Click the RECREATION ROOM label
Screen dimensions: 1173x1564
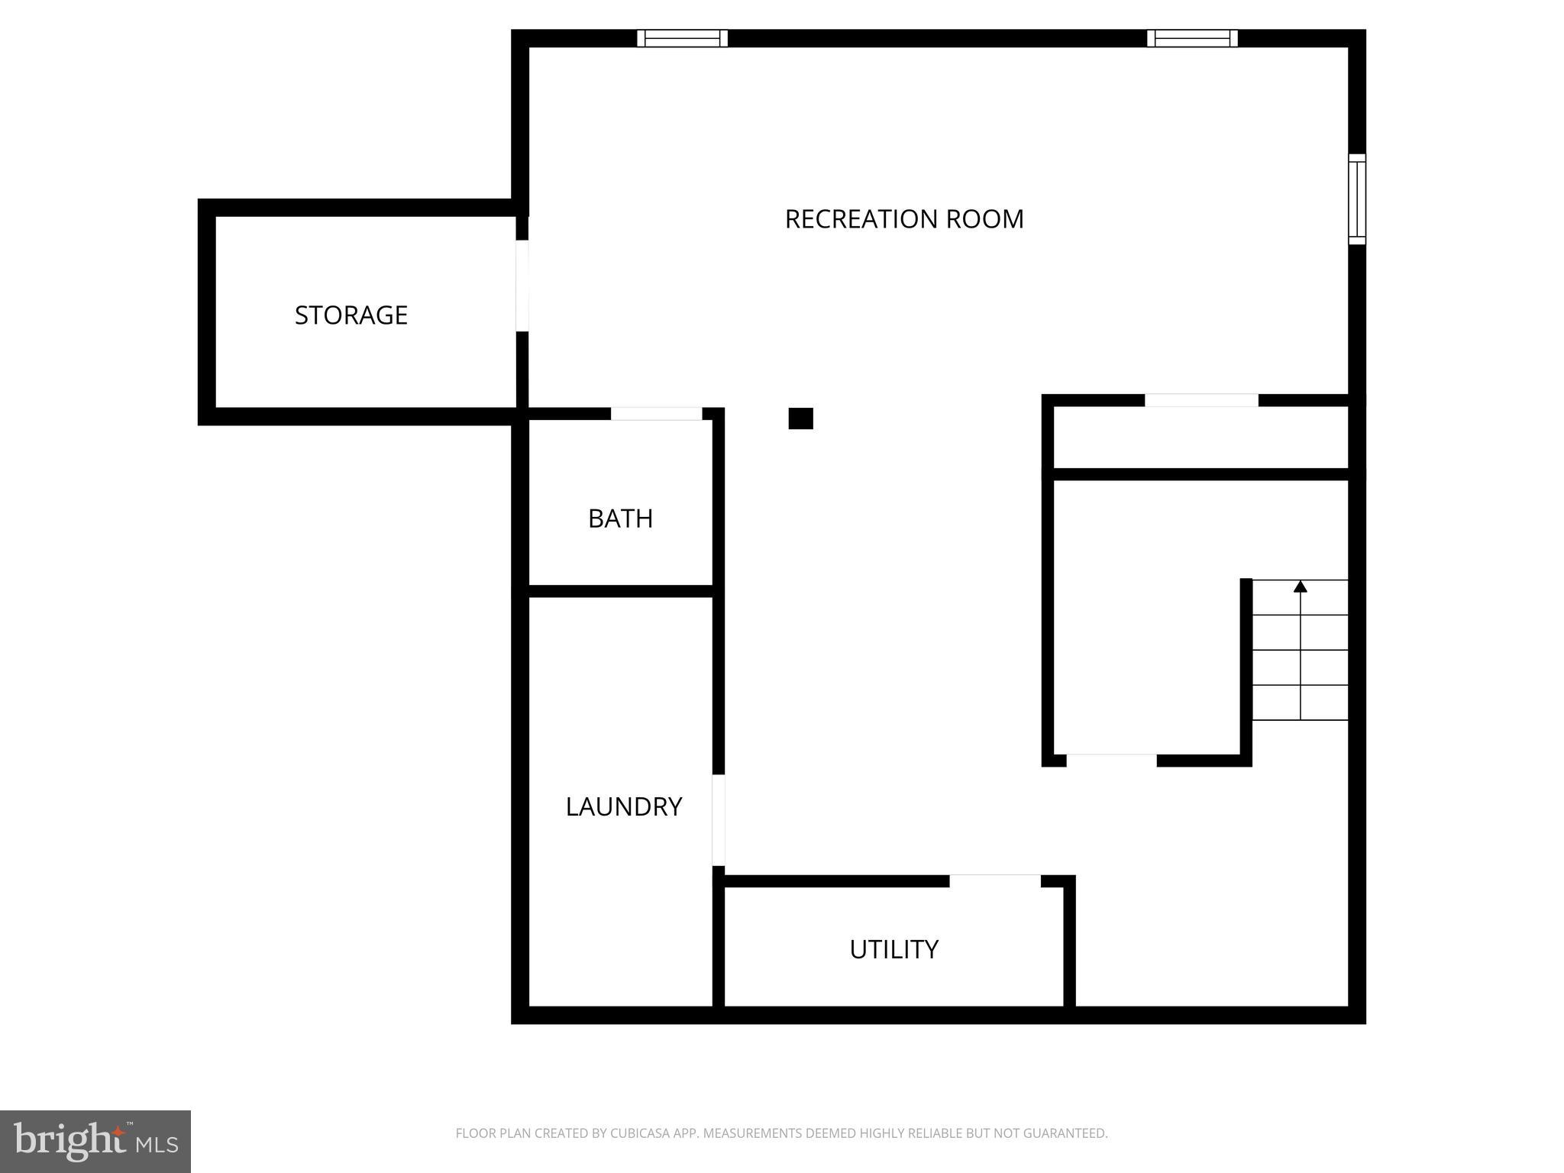(x=903, y=219)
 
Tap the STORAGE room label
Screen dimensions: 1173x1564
(x=351, y=315)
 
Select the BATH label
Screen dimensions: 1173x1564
(x=620, y=519)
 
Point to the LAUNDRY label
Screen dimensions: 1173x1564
(x=623, y=806)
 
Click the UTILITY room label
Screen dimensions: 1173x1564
(x=893, y=949)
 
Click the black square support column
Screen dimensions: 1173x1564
(x=800, y=418)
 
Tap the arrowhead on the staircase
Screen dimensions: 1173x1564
(x=1300, y=586)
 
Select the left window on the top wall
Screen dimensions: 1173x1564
(x=682, y=38)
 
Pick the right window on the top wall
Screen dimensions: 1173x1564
(x=1192, y=38)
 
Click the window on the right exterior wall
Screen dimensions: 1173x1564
(x=1356, y=199)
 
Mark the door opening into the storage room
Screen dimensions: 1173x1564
(x=522, y=286)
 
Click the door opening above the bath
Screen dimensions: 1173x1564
(x=656, y=414)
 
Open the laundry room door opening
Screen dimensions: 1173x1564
(x=719, y=820)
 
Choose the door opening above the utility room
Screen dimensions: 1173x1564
(x=994, y=881)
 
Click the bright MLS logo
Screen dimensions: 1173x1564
(x=95, y=1141)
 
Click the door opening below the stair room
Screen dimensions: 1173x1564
(x=1111, y=761)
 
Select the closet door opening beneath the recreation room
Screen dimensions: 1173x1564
(x=1200, y=400)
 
